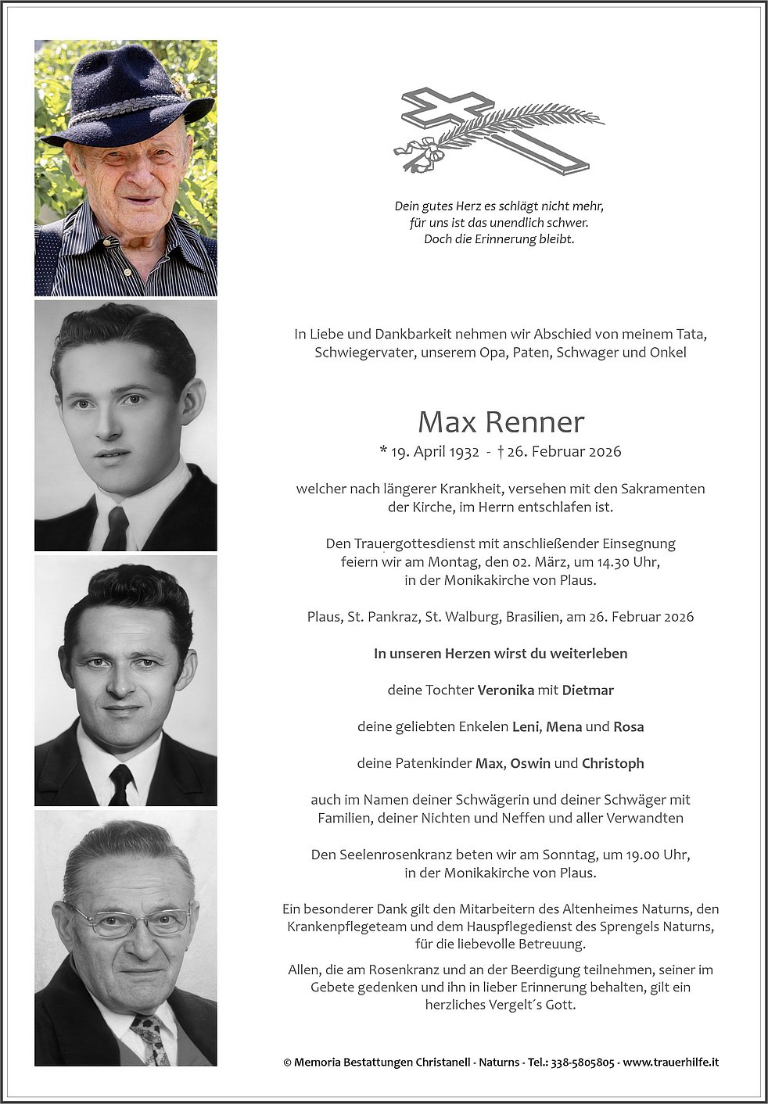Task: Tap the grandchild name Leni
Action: tap(526, 727)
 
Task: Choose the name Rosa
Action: tap(628, 727)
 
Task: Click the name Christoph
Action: tap(613, 763)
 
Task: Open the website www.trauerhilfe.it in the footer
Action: tap(670, 1063)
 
